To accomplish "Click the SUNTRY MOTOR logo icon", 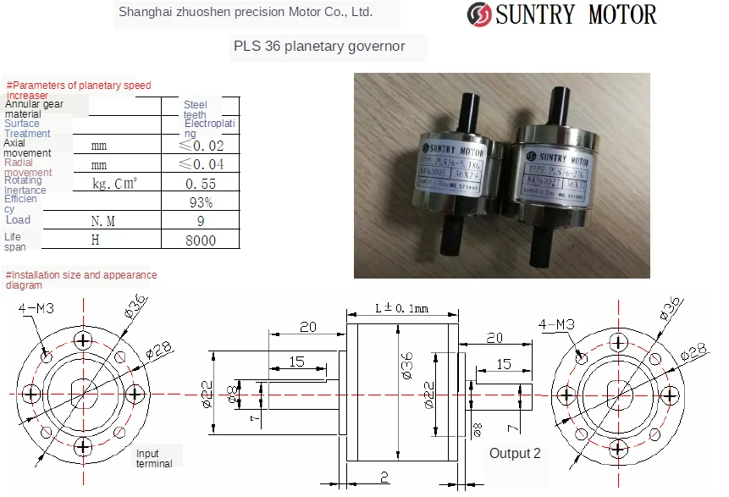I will (x=479, y=14).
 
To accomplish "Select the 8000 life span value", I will (x=201, y=240).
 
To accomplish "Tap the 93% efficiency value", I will (x=201, y=202).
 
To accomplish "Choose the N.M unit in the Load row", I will (x=102, y=221).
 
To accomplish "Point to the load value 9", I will (x=201, y=221).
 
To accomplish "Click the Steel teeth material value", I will (x=196, y=109).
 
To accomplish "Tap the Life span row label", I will (x=15, y=241).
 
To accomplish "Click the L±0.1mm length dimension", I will (x=402, y=308).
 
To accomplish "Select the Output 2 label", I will (x=515, y=454).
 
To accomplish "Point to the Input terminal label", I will (x=154, y=458).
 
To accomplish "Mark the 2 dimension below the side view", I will (x=384, y=476).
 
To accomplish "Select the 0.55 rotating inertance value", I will (x=201, y=184).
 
